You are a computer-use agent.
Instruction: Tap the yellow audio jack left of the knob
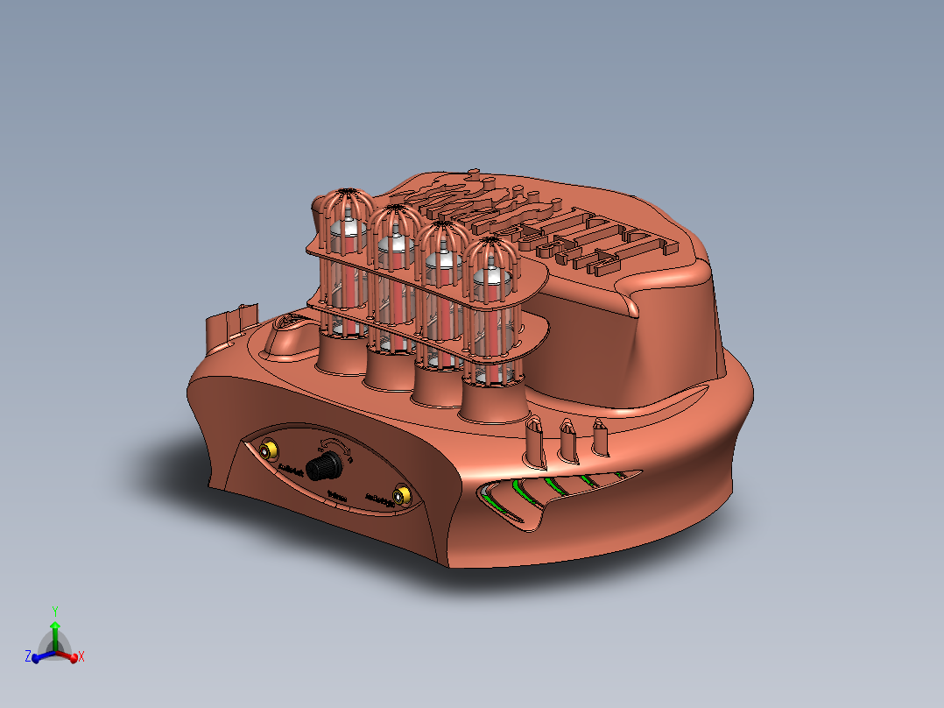coord(268,451)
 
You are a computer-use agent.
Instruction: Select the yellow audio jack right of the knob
coord(401,497)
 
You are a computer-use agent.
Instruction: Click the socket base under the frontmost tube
coord(493,406)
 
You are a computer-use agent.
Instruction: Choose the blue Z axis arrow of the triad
coord(36,656)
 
